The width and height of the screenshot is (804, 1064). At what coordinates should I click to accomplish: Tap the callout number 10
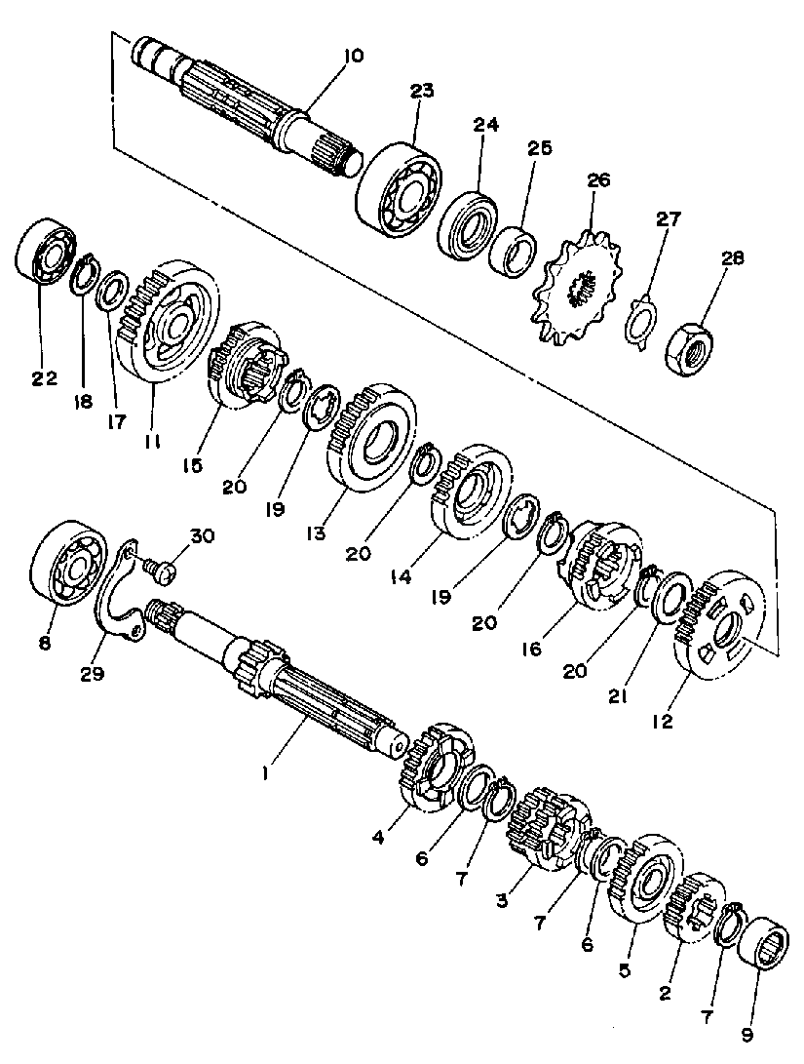pyautogui.click(x=354, y=56)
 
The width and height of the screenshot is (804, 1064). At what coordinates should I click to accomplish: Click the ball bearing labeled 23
pyautogui.click(x=399, y=189)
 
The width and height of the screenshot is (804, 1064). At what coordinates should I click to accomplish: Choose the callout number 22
pyautogui.click(x=44, y=378)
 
